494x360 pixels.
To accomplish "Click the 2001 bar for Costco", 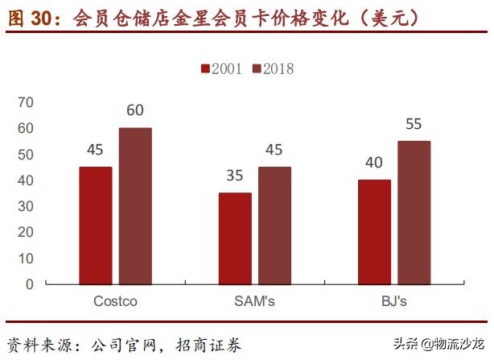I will [x=95, y=226].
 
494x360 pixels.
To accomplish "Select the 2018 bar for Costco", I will [x=135, y=205].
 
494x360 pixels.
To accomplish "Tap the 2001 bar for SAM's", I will [x=234, y=238].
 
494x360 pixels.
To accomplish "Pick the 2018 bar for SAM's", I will [x=274, y=226].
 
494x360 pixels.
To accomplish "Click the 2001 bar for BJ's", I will [x=374, y=232].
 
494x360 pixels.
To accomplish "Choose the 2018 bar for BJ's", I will [x=414, y=213].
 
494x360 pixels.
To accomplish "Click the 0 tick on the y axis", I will [x=30, y=284].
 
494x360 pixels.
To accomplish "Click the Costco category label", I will [x=115, y=302].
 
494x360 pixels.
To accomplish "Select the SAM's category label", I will [x=254, y=302].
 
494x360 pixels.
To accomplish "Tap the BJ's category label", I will [x=394, y=302].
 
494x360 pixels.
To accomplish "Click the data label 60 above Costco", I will [x=135, y=110].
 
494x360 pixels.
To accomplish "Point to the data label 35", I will [x=234, y=176].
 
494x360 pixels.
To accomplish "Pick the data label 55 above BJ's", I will [x=414, y=124].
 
